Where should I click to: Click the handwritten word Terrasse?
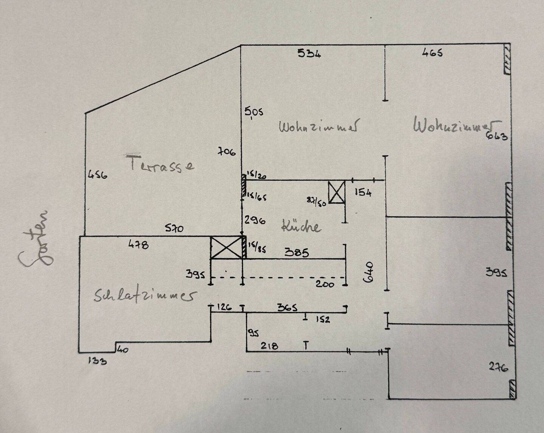(x=162, y=165)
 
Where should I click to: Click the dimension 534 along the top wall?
(x=309, y=53)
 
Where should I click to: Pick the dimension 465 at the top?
(x=432, y=52)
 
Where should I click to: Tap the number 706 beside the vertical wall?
(x=227, y=152)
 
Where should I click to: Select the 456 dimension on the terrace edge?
(x=97, y=175)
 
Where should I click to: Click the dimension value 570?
(x=174, y=228)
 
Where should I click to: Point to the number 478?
(x=139, y=245)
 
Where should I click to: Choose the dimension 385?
(x=297, y=252)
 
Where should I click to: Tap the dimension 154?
(x=363, y=193)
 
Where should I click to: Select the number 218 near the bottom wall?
(x=269, y=345)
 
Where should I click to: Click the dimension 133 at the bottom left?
(x=97, y=361)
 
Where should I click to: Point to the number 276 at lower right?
(x=498, y=367)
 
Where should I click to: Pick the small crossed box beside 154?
(x=336, y=192)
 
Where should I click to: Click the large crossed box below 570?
(x=226, y=248)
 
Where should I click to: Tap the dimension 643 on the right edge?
(x=497, y=136)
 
